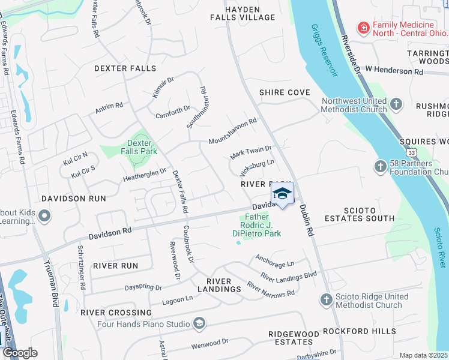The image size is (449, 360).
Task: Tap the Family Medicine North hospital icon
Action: pos(363,28)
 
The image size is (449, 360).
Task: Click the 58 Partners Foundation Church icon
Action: pos(380,166)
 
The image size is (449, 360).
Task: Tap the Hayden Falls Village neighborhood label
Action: pos(243,14)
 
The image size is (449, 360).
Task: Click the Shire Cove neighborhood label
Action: pos(285,92)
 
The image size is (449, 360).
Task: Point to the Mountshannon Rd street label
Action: pos(232,131)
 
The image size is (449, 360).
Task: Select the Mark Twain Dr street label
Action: pos(252,152)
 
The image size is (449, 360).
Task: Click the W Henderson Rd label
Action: pos(394,71)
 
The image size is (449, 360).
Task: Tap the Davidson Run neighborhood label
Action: pos(73,198)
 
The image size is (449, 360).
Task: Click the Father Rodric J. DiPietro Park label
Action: pos(256,227)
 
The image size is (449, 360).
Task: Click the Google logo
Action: pos(19,353)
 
